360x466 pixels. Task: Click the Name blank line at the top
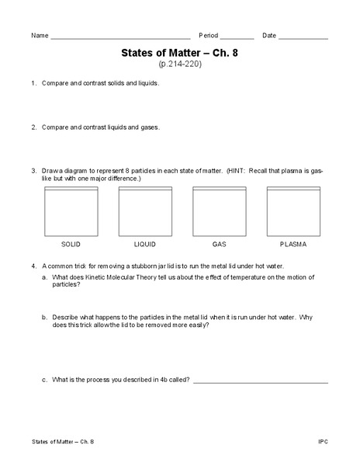[120, 38]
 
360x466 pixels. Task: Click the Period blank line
[237, 38]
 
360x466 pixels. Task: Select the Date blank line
[303, 38]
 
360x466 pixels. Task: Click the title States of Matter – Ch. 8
[180, 54]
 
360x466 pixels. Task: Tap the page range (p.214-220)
[180, 65]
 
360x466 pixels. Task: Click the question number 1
[33, 83]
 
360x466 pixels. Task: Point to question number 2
[33, 126]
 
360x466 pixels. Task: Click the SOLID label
[71, 244]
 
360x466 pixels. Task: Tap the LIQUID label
[145, 244]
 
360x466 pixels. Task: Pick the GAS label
[219, 244]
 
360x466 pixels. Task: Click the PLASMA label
[293, 244]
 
